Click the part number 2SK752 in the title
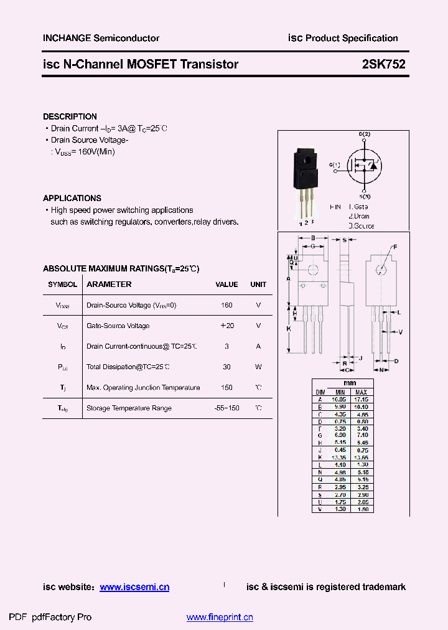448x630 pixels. tap(384, 64)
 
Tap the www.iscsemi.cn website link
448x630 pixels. tap(134, 587)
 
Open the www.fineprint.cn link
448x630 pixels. tap(220, 618)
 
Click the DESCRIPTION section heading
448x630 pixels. tap(70, 116)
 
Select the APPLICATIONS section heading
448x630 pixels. tap(72, 198)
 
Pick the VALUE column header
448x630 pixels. tap(226, 284)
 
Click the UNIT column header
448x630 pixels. tap(258, 284)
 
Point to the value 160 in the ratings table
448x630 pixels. tap(226, 306)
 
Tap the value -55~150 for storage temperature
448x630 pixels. tap(226, 408)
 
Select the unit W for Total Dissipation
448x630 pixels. tap(258, 367)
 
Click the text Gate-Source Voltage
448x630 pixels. tap(118, 326)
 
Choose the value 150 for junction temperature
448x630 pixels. tap(226, 388)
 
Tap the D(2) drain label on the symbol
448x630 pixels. tap(364, 134)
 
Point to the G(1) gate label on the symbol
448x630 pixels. tap(335, 165)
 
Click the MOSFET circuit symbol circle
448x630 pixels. tap(364, 164)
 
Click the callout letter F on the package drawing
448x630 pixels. tap(394, 247)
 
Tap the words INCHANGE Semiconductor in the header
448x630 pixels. tap(101, 38)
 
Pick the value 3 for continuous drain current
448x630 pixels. tap(226, 347)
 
